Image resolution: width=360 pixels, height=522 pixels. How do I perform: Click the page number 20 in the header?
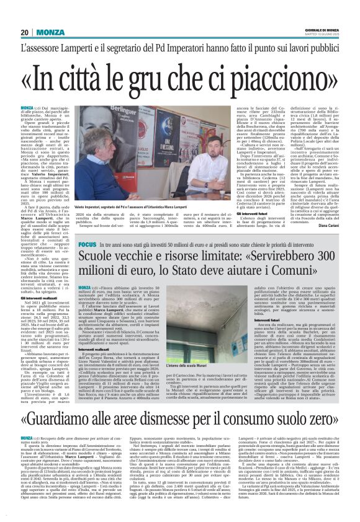pyautogui.click(x=25, y=32)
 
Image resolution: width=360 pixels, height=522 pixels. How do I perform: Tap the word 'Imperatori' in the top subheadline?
pyautogui.click(x=186, y=48)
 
